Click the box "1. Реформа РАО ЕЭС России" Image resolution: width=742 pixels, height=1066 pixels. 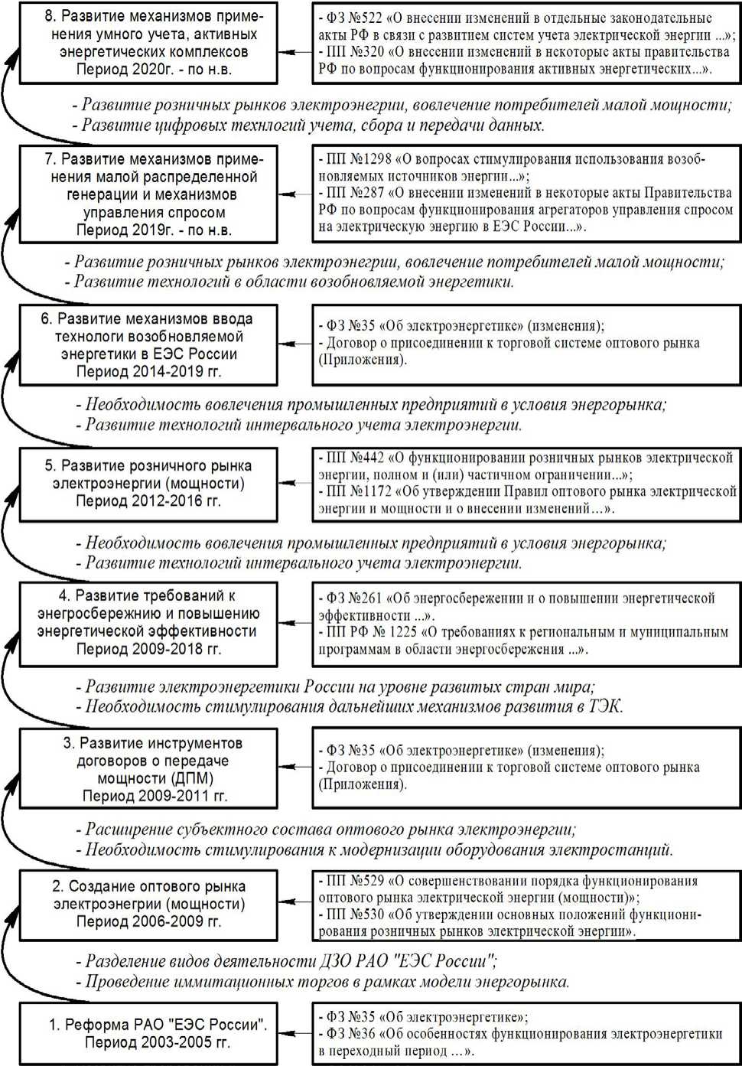(148, 1033)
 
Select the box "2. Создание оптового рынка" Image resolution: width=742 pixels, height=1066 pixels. (148, 904)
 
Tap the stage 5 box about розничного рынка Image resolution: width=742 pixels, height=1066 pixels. (148, 484)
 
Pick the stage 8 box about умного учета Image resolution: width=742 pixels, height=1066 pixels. (148, 43)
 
